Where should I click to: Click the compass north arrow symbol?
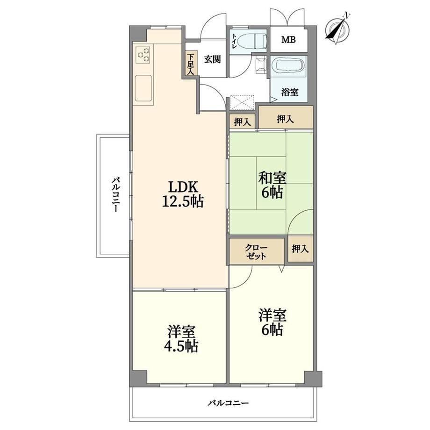tap(337, 28)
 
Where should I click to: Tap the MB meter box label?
tap(288, 40)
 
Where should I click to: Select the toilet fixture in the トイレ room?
tap(251, 41)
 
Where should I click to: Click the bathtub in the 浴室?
tap(288, 66)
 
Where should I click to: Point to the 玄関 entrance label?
tap(213, 59)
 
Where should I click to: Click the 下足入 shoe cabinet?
tap(190, 64)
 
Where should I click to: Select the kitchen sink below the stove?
tap(143, 88)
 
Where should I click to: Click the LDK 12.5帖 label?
tap(183, 194)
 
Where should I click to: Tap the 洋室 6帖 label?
tap(272, 322)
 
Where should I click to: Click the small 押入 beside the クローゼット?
tap(300, 249)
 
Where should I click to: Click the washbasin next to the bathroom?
tap(261, 64)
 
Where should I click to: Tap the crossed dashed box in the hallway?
tap(242, 102)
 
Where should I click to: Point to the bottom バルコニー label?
tap(228, 403)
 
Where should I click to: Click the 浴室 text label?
tap(290, 92)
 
